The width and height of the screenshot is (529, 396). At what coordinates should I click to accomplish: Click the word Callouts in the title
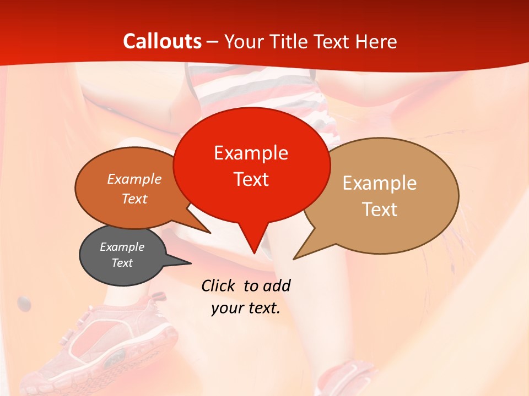click(162, 41)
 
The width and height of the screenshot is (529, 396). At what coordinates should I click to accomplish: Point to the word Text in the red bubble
click(251, 179)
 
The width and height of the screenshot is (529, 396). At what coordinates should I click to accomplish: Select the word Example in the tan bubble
click(380, 183)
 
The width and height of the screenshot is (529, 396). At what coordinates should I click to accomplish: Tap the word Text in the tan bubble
click(380, 210)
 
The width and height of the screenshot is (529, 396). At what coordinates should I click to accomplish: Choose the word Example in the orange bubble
click(134, 179)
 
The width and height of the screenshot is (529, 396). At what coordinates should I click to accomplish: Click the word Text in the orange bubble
click(134, 199)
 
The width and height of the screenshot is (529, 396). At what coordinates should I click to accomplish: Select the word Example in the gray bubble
click(122, 247)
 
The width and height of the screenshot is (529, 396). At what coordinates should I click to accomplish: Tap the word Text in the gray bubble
click(122, 263)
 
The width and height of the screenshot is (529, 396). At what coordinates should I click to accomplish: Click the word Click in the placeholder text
click(219, 285)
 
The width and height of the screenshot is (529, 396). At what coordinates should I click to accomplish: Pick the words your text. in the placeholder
click(246, 308)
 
